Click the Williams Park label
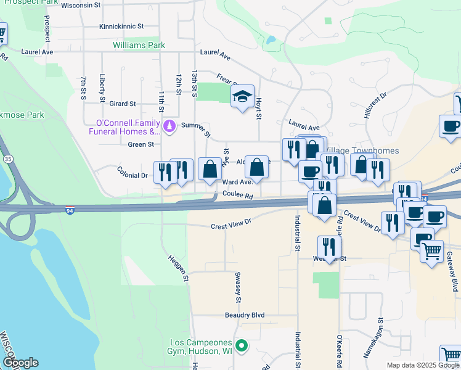point(139,45)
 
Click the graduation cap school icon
point(242,96)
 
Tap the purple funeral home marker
point(169,127)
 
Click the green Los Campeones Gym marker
point(242,346)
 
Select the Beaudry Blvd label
point(244,315)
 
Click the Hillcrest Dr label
point(374,105)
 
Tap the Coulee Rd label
point(238,196)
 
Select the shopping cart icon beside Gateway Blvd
point(432,251)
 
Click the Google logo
point(20,363)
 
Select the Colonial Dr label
point(133,175)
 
